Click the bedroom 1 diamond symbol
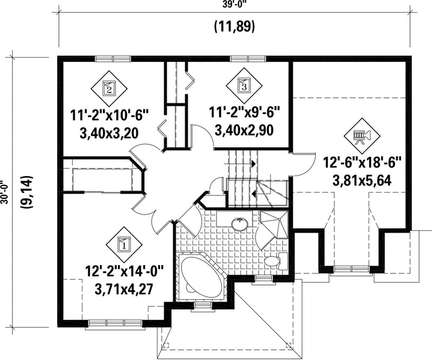point(124,245)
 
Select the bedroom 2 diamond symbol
point(109,88)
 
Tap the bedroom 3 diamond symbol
point(244,85)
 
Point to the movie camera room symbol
point(362,136)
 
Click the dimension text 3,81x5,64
point(362,181)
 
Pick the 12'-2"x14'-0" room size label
point(124,272)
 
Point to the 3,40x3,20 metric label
point(109,133)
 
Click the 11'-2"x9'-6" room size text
point(244,112)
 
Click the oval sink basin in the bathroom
point(240,224)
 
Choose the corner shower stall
point(274,225)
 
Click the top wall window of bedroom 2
point(112,59)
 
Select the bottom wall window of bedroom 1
point(115,323)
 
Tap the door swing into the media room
point(304,165)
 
